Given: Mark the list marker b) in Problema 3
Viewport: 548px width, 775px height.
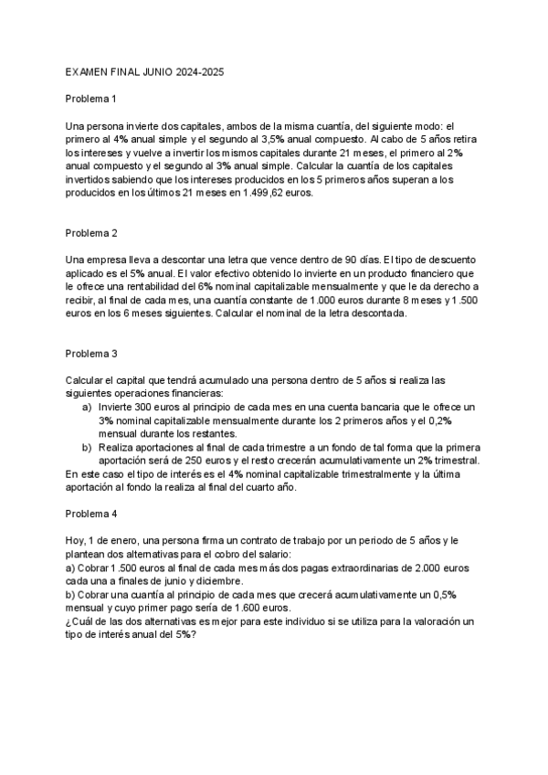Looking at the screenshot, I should (87, 448).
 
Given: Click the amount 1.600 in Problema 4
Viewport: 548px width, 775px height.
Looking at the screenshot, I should (227, 609).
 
